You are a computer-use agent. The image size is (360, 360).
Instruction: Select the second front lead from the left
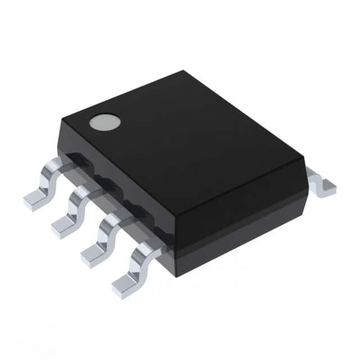coord(73,211)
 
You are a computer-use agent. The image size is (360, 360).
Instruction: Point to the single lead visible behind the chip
coord(321,183)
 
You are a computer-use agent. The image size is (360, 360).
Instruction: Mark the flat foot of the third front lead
coord(93,256)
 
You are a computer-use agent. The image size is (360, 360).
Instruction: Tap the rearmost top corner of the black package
coord(183,71)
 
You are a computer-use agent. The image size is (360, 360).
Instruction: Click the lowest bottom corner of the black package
coord(177,276)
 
